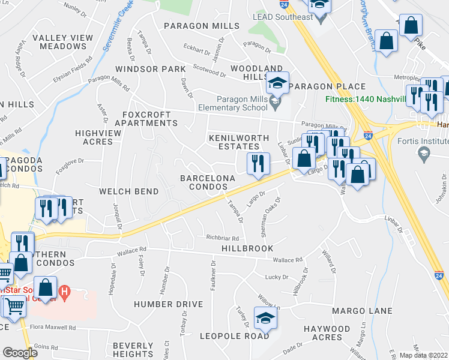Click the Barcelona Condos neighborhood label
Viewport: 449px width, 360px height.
click(x=204, y=182)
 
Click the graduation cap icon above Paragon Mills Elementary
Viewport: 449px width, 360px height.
click(x=277, y=83)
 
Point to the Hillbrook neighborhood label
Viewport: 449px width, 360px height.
click(x=247, y=248)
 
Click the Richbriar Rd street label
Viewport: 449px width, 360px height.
click(x=222, y=238)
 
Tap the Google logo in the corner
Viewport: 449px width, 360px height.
click(x=19, y=353)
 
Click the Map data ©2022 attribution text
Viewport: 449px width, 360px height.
click(x=424, y=355)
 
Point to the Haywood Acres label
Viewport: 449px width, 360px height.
click(x=327, y=333)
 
